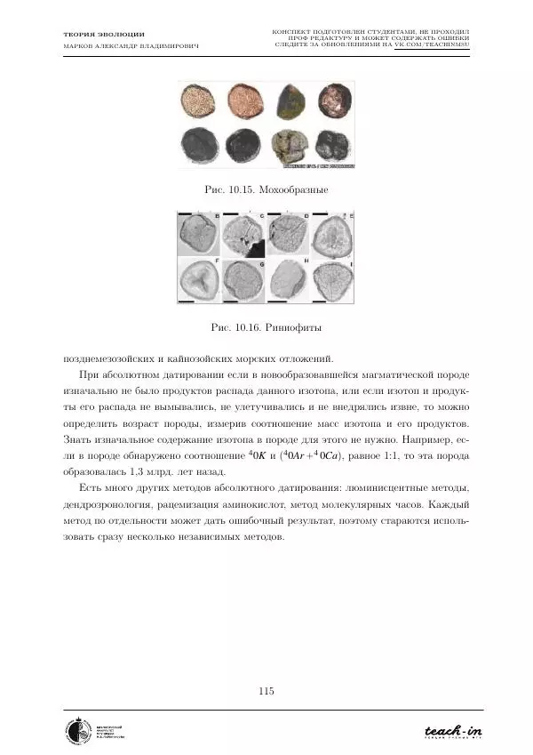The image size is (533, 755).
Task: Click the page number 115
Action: coord(266,691)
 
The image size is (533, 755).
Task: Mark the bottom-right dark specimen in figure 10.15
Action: coord(335,145)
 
